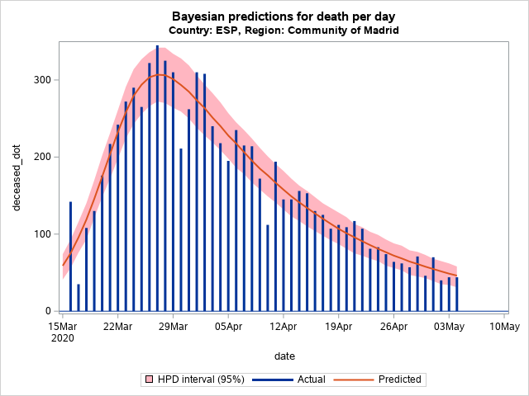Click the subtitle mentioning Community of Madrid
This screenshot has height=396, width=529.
284,30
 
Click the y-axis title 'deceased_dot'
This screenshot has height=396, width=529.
17,175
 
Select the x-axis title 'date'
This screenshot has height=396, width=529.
284,356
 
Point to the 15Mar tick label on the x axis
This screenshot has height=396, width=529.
62,327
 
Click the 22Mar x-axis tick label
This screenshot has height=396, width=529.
117,327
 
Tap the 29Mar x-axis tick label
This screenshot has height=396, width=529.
173,327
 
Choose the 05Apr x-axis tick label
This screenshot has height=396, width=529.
228,327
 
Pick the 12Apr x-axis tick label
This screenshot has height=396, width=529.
284,327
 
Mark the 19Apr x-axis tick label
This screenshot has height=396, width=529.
339,327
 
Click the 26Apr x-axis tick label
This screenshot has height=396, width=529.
394,327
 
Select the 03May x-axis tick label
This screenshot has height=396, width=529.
450,327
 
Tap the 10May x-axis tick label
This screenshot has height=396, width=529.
505,327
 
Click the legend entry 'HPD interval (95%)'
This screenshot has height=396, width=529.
191,379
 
